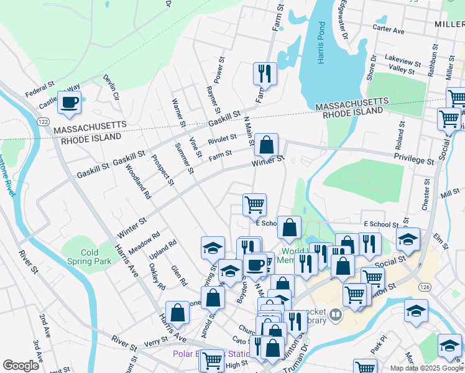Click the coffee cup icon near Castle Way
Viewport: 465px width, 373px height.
[x=70, y=102]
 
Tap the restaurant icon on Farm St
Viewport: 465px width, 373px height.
[x=265, y=73]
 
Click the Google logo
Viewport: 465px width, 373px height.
[x=21, y=366]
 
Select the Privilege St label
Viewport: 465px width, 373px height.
[x=414, y=160]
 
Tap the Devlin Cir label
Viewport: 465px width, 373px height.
[x=111, y=87]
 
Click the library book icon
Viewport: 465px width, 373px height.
[x=336, y=315]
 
